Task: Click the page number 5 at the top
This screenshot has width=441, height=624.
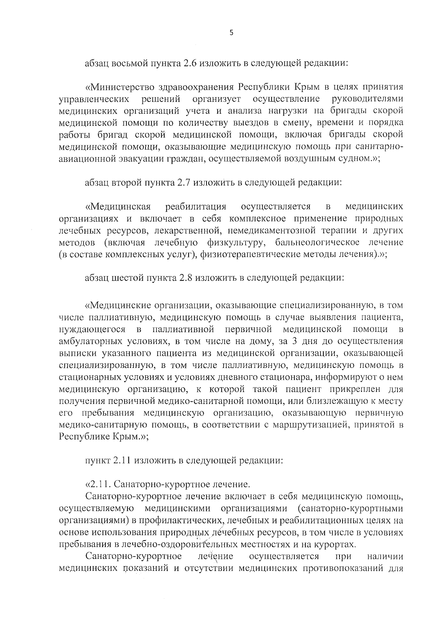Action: [231, 33]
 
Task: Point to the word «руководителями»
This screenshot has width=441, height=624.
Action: [367, 99]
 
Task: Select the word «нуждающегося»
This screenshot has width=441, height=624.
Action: [92, 329]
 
